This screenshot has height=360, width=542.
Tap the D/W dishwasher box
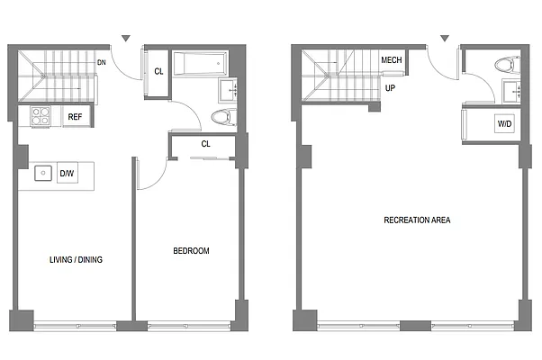pyautogui.click(x=67, y=173)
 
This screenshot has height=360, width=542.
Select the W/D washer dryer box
pyautogui.click(x=503, y=124)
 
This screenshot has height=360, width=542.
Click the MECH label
pyautogui.click(x=391, y=61)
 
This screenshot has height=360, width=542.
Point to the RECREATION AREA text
pyautogui.click(x=417, y=220)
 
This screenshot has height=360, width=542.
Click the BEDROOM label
pyautogui.click(x=191, y=251)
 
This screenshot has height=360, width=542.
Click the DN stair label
pyautogui.click(x=104, y=63)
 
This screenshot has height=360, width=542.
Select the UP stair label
pyautogui.click(x=391, y=89)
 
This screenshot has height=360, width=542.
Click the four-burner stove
pyautogui.click(x=41, y=116)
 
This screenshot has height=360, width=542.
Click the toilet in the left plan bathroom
pyautogui.click(x=221, y=116)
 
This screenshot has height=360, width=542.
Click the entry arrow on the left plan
pyautogui.click(x=127, y=39)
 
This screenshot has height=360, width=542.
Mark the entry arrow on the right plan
pyautogui.click(x=444, y=39)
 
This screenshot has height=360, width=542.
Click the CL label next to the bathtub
pyautogui.click(x=158, y=71)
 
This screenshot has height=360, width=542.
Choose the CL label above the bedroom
pyautogui.click(x=205, y=144)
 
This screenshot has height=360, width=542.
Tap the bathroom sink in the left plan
pyautogui.click(x=229, y=90)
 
